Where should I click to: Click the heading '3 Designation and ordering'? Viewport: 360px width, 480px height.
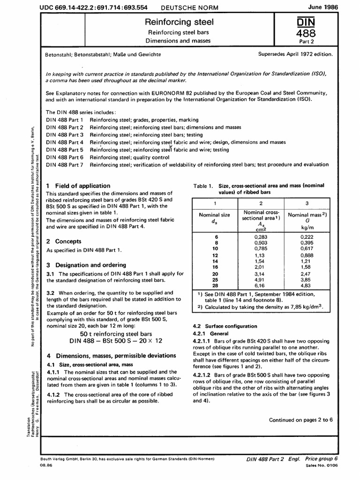(x=86, y=265)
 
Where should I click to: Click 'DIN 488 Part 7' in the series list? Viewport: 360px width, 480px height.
(x=65, y=165)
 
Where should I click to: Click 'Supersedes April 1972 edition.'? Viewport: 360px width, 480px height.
(x=295, y=54)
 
